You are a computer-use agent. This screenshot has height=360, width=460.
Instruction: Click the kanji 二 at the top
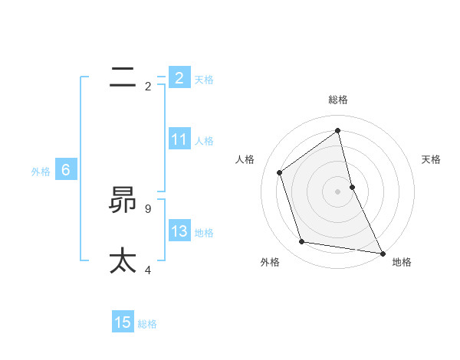point(123,77)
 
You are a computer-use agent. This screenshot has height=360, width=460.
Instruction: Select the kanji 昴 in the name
point(123,200)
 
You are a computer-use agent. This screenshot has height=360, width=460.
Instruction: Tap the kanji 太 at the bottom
point(123,260)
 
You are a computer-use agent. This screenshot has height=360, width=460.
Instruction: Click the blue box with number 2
point(179,77)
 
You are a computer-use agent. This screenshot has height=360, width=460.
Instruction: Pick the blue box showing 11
point(179,139)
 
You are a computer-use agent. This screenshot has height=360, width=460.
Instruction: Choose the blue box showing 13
point(179,231)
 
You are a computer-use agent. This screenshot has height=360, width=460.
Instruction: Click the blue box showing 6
point(66,170)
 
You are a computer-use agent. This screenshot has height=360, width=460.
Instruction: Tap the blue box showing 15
point(123,322)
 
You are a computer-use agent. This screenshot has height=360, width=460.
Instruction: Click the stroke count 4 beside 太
point(148,270)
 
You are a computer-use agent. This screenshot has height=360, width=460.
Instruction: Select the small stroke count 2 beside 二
point(148,86)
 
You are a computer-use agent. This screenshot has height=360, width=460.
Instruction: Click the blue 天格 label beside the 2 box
point(204,79)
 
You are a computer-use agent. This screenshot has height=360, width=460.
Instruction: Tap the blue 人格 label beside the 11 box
point(204,141)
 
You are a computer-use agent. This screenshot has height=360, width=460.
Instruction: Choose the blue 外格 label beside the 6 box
point(41,172)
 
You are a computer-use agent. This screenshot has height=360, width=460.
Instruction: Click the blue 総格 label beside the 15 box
point(147,324)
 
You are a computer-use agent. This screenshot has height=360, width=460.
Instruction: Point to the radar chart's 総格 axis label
point(338,100)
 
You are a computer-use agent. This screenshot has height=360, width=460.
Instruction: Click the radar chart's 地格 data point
point(381,252)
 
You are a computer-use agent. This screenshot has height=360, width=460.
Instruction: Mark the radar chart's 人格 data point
point(280,172)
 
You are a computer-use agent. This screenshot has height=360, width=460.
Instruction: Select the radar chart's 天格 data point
point(352,187)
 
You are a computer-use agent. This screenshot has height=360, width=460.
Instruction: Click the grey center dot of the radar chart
point(338,191)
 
